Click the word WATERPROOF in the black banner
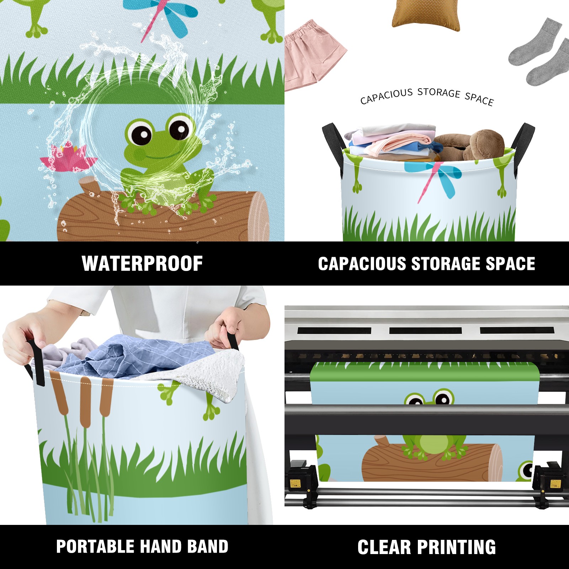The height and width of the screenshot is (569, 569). [x=142, y=264]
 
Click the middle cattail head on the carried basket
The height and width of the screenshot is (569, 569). [x=85, y=402]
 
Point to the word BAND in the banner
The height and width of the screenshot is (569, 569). [x=208, y=547]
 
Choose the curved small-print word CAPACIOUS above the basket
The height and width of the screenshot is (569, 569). [x=386, y=96]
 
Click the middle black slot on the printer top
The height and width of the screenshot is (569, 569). [x=425, y=330]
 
